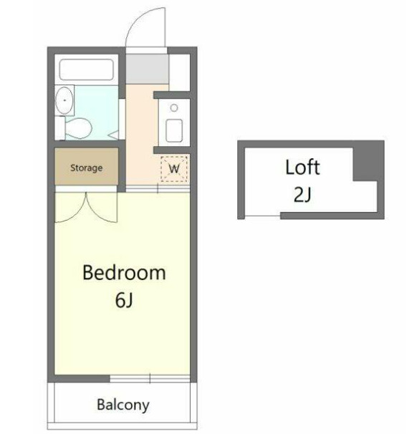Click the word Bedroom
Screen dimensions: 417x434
point(125,273)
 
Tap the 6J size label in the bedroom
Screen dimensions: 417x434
point(124,300)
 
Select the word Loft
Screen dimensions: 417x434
point(302,167)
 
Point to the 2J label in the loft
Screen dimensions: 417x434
point(302,194)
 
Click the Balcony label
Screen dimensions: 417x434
point(123,405)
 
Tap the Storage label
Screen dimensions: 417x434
point(87,168)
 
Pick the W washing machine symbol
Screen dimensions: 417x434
point(174,168)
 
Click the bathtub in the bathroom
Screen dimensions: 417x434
point(87,69)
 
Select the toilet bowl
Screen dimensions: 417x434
point(79,128)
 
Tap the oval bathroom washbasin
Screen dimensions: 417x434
point(64,100)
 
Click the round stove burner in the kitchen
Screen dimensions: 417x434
point(174,107)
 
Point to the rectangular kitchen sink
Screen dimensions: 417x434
point(174,130)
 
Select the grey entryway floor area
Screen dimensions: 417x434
point(148,69)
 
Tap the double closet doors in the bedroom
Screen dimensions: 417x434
point(86,207)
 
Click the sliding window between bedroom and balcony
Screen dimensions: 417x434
point(150,378)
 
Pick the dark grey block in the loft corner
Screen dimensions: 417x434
point(368,161)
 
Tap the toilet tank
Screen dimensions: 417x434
point(59,128)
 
